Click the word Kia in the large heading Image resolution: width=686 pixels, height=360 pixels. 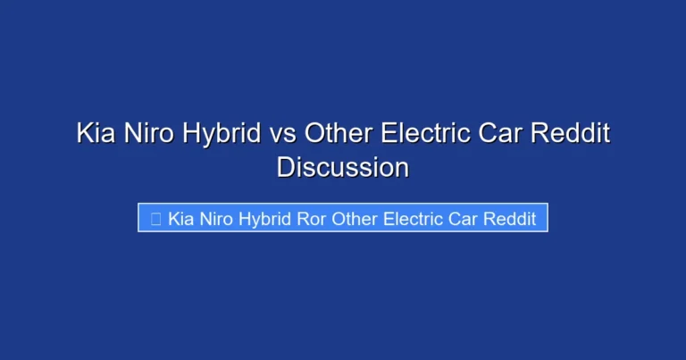[x=95, y=135]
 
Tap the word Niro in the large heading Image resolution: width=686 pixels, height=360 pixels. [x=151, y=135]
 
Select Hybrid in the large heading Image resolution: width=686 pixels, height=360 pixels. [x=226, y=136]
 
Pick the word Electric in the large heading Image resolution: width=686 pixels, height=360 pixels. [x=425, y=135]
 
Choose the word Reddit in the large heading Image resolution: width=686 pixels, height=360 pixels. [x=573, y=135]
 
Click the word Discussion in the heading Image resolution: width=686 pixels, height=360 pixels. [x=343, y=167]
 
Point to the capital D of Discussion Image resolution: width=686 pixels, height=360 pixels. [x=285, y=167]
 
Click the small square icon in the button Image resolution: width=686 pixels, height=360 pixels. [x=155, y=220]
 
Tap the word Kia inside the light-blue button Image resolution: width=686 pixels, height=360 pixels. [x=181, y=219]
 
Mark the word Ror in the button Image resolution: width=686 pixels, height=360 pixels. [x=312, y=219]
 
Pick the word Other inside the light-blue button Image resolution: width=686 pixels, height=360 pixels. [x=356, y=219]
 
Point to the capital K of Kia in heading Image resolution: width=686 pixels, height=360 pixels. [x=84, y=135]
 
